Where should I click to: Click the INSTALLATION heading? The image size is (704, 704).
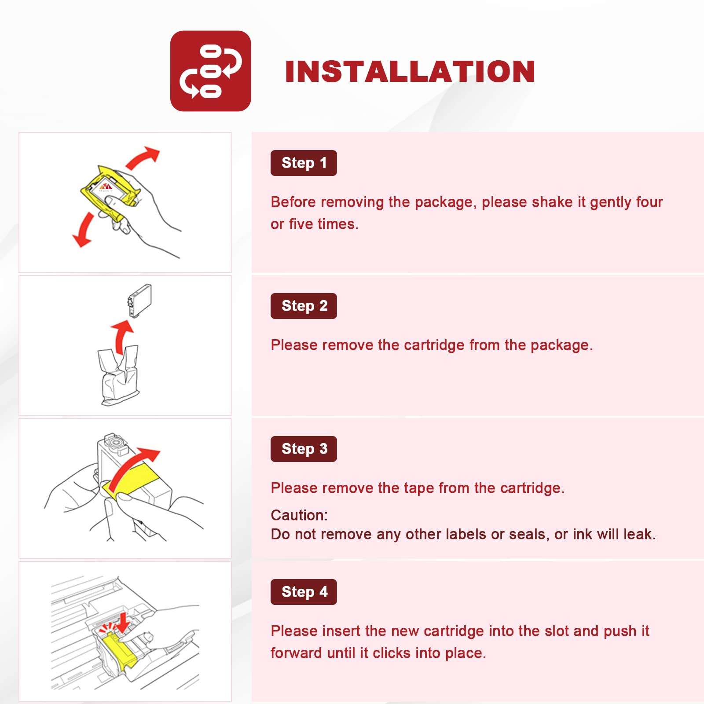point(410,71)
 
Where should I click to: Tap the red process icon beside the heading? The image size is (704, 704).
point(210,71)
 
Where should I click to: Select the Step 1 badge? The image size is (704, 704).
point(304,163)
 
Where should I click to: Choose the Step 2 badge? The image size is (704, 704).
point(304,306)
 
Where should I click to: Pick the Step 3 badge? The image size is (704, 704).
point(304,449)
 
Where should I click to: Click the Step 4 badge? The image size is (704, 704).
point(304,592)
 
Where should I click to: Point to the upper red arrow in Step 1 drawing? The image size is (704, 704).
point(142,158)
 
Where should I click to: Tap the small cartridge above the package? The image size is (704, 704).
point(139,301)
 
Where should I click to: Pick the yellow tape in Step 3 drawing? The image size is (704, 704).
point(131,481)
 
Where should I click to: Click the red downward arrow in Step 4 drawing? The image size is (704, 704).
point(123,622)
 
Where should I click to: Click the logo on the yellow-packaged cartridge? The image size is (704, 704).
point(106,187)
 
